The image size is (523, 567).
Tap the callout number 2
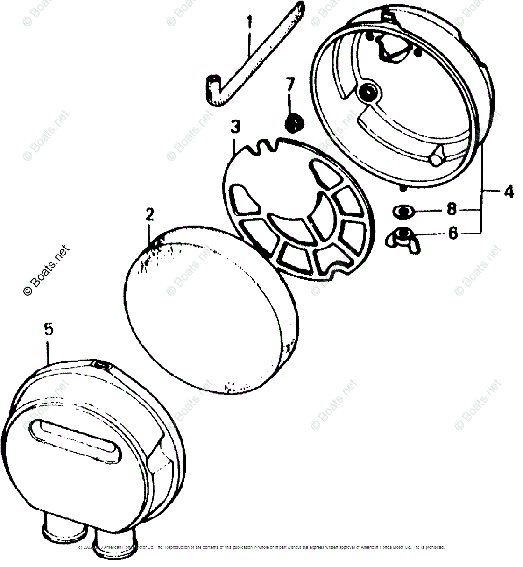[x=149, y=215]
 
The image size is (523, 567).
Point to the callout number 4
[x=508, y=192]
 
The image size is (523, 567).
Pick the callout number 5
[x=49, y=330]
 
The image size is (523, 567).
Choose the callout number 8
[x=453, y=209]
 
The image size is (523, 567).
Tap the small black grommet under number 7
[x=294, y=125]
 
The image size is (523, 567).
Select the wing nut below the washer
[x=402, y=234]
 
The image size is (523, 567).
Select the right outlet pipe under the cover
[x=112, y=539]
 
